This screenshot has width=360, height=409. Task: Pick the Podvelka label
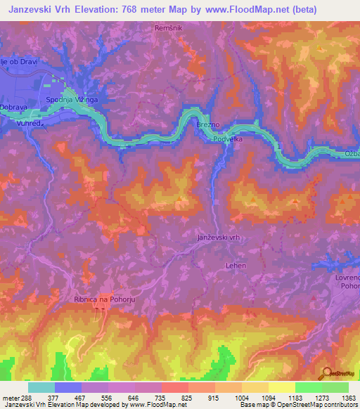point(229,139)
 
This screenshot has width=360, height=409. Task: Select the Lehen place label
point(236,266)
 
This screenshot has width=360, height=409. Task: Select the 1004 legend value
point(242,397)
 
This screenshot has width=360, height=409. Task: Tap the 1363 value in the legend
point(349,397)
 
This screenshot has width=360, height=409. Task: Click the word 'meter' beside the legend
point(8,397)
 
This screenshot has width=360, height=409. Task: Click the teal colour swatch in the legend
point(41,387)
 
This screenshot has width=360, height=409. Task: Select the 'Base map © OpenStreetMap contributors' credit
point(298,405)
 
